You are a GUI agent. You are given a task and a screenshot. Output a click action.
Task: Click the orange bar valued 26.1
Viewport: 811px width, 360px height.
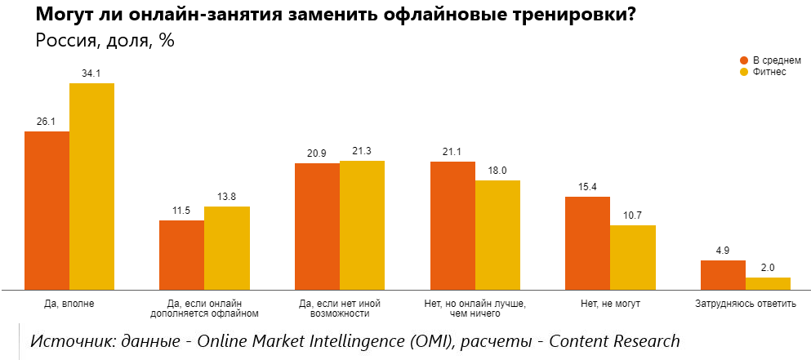47,210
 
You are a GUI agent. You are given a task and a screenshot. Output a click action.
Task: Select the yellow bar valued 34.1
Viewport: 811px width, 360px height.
91,186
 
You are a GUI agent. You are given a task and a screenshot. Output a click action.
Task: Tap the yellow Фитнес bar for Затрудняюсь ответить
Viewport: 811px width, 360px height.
768,283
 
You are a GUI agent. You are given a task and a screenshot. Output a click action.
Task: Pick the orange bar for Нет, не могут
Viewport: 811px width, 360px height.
587,243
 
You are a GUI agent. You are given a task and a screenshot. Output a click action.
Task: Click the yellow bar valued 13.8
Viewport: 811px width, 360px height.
226,248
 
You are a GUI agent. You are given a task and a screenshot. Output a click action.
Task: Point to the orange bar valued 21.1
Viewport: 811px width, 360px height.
452,225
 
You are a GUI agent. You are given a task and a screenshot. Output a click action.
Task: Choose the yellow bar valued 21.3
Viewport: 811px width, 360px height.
362,224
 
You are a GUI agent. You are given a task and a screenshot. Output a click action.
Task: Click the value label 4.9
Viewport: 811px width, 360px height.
723,251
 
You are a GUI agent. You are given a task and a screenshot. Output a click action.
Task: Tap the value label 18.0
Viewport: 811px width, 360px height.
497,171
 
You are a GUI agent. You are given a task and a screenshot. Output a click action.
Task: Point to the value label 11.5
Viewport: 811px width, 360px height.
181,211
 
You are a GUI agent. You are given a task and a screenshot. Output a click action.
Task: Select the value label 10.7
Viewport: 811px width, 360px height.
633,216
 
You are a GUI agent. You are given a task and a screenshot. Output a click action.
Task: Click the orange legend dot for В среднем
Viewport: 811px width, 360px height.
744,60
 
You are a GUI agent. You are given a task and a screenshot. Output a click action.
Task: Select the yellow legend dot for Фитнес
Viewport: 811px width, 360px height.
744,72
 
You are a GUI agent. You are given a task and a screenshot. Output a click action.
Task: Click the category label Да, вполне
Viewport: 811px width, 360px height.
69,304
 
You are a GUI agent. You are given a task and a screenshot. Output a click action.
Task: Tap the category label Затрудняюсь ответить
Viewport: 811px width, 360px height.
745,304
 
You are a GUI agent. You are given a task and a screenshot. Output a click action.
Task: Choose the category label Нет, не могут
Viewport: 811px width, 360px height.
610,304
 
